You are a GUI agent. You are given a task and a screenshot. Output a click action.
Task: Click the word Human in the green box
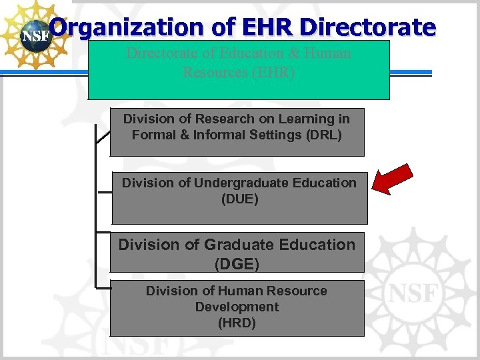coord(327,53)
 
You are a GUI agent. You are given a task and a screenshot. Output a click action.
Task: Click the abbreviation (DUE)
coord(239,199)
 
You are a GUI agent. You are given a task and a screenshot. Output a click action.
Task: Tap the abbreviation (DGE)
coord(237,264)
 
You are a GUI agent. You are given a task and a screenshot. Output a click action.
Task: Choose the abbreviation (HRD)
coord(237,323)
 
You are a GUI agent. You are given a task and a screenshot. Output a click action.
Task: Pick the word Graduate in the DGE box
coord(237,245)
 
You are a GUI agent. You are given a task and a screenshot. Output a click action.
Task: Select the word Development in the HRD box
coord(237,307)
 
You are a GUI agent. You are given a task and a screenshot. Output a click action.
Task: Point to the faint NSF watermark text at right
coord(413,293)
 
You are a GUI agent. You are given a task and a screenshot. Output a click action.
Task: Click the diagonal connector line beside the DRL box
coord(103,136)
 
